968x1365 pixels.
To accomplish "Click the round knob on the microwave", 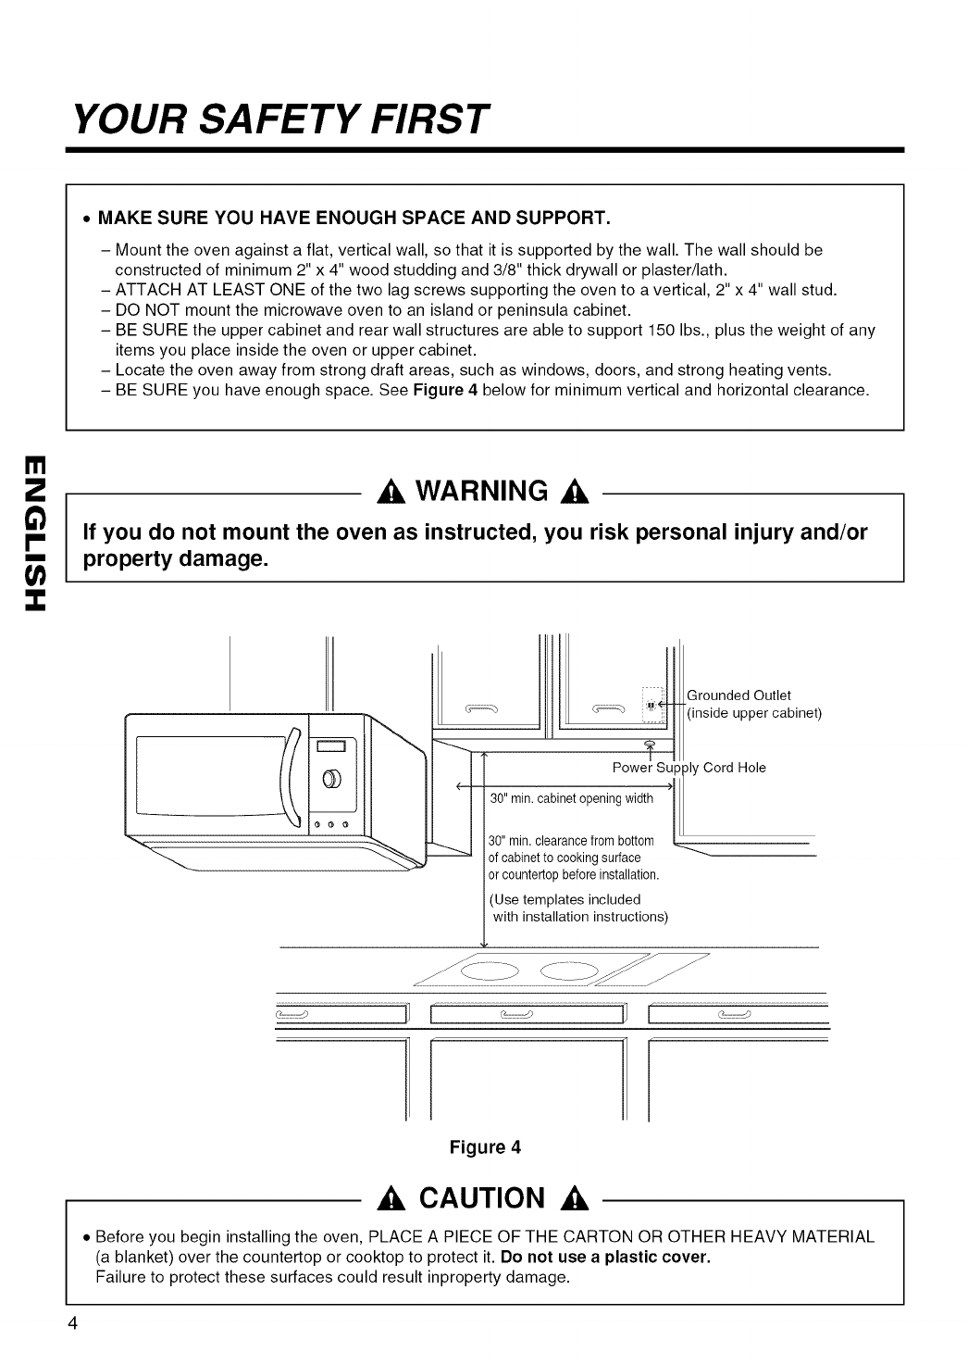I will pyautogui.click(x=331, y=776).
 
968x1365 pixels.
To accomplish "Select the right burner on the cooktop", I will pyautogui.click(x=574, y=971).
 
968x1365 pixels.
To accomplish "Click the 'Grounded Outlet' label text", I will pyautogui.click(x=738, y=695).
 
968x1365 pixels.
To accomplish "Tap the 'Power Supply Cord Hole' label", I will pyautogui.click(x=689, y=768).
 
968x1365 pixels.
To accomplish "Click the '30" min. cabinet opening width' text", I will pyautogui.click(x=571, y=799).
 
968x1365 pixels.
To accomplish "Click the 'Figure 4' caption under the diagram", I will pyautogui.click(x=485, y=1147).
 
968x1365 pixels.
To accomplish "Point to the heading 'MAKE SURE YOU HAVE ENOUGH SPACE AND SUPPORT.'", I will pyautogui.click(x=354, y=219).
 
